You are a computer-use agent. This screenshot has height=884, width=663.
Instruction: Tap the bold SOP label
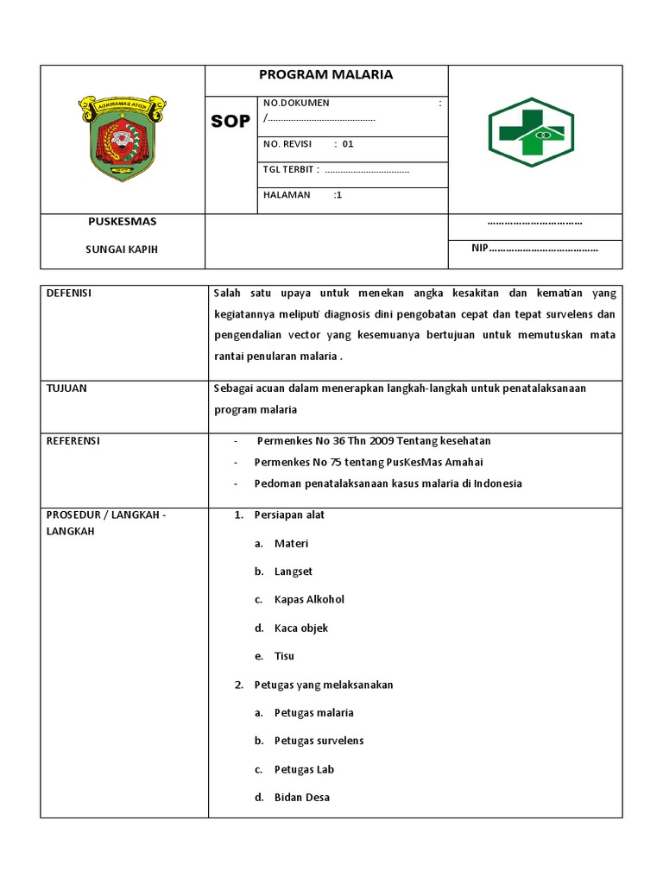tap(230, 122)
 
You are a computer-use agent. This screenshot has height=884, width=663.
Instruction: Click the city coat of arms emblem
tap(123, 138)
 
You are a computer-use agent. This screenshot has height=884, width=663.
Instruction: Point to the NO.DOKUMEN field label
tap(296, 103)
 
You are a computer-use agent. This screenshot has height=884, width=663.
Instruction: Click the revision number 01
tap(348, 144)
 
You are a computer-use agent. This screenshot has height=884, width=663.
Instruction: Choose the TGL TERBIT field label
tap(291, 169)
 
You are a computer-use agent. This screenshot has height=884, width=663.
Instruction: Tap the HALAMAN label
tap(287, 195)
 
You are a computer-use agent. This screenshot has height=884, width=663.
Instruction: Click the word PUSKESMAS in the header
tap(123, 222)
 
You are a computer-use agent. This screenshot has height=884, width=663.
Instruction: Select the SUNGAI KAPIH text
tap(122, 249)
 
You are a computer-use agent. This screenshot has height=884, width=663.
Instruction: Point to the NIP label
tap(479, 249)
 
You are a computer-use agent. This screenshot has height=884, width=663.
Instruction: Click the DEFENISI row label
tap(68, 294)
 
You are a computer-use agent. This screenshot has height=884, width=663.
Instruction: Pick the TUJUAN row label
tap(66, 388)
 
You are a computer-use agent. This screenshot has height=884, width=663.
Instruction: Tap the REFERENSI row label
tap(73, 441)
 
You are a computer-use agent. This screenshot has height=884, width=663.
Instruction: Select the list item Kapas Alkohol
tap(309, 600)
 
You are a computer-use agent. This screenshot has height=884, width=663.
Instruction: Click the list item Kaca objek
tap(301, 628)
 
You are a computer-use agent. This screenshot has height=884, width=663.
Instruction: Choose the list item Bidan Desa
tap(302, 798)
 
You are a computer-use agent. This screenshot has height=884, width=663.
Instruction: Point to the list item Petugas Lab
tap(304, 769)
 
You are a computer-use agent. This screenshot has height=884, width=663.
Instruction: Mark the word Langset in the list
tap(294, 571)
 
